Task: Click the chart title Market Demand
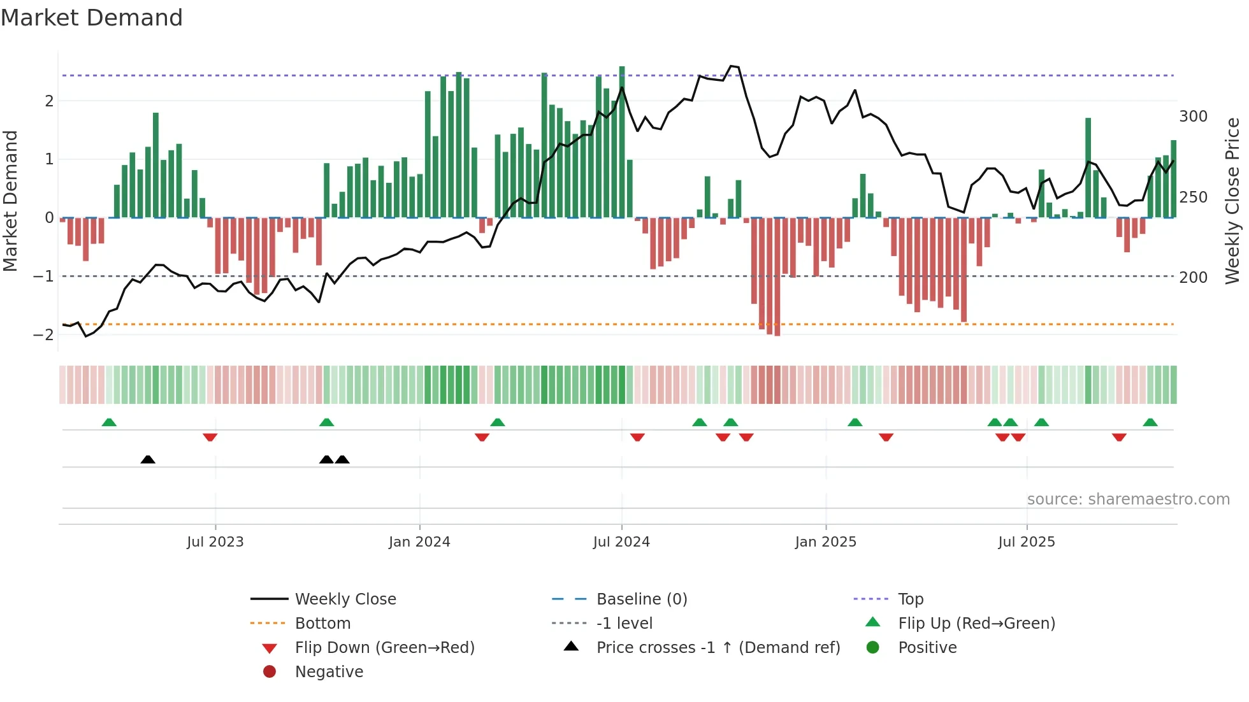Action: [92, 18]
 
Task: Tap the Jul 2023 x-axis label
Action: [215, 542]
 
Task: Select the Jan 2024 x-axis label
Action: [419, 542]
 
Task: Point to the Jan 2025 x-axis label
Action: [825, 542]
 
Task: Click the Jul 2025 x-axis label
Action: [1026, 542]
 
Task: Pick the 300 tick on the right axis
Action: [1193, 117]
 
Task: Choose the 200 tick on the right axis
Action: [1193, 278]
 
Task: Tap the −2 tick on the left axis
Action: [43, 335]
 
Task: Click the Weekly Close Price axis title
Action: [1232, 201]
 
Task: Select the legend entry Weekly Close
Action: [345, 599]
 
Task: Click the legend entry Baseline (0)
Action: [641, 599]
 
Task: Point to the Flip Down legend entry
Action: [384, 648]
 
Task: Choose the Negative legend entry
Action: [329, 672]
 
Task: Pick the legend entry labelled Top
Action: [910, 599]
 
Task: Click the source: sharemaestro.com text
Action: [1128, 499]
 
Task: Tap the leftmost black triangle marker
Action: [148, 459]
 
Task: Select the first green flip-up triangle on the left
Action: [109, 422]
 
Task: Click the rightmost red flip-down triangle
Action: [1119, 437]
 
